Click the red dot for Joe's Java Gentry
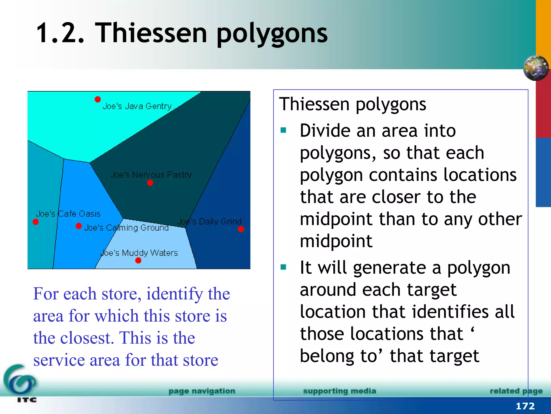(x=98, y=99)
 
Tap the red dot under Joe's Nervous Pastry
(x=150, y=183)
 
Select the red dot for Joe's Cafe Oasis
(x=36, y=222)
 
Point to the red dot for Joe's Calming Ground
(x=79, y=226)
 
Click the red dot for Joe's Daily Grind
(x=241, y=229)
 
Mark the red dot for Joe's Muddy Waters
(x=138, y=260)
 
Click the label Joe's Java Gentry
(x=137, y=106)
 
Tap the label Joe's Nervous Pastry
(x=151, y=175)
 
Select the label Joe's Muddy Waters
(x=139, y=253)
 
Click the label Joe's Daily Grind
(x=209, y=222)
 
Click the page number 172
(x=525, y=406)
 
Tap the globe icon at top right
(x=536, y=68)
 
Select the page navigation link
(x=202, y=391)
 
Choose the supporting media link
(x=340, y=391)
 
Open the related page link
(x=516, y=391)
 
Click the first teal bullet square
(x=283, y=130)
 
